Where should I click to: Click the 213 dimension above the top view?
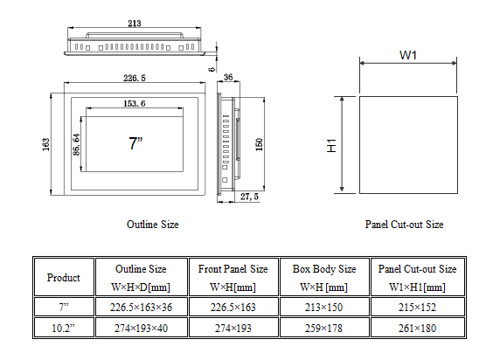(x=134, y=24)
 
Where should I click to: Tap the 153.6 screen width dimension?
(x=134, y=104)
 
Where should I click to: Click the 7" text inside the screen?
(x=135, y=144)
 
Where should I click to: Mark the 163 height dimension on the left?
(x=45, y=143)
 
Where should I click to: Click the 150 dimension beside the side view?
(x=259, y=143)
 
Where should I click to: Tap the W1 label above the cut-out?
(x=407, y=55)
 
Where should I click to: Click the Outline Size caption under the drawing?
(x=153, y=225)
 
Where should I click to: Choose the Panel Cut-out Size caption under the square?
(x=404, y=225)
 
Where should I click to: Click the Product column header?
(x=63, y=278)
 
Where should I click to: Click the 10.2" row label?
(x=63, y=328)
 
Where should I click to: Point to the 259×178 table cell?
(x=323, y=328)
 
